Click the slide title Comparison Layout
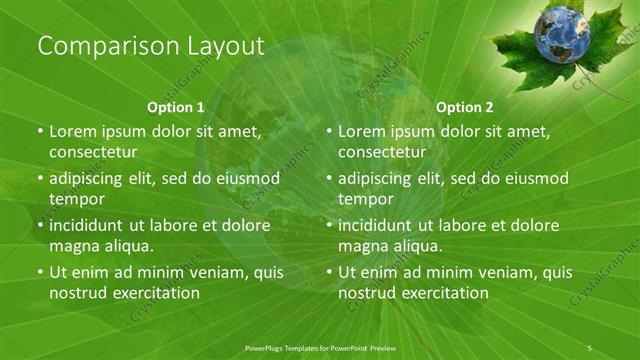pos(150,46)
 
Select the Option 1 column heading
pos(176,106)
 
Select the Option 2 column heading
pos(465,106)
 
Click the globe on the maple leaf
pos(565,37)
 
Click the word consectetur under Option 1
pos(93,152)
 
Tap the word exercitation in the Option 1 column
pos(150,293)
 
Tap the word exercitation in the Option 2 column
pos(439,293)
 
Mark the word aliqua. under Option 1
pos(125,245)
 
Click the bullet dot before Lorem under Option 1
pos(39,132)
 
